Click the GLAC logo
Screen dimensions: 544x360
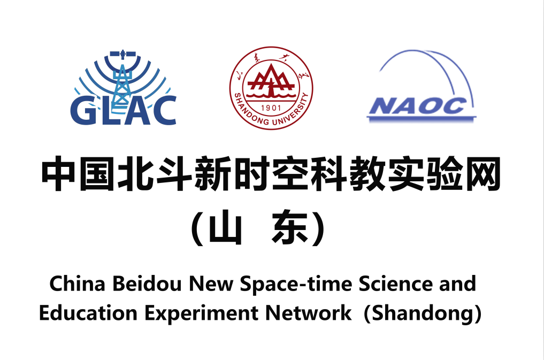point(124,88)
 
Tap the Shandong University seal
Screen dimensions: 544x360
point(271,88)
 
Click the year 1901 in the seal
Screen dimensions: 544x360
point(271,108)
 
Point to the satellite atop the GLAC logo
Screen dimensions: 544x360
point(122,54)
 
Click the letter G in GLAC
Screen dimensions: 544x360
point(82,111)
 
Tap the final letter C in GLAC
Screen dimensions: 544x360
point(164,111)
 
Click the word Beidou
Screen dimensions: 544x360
point(147,284)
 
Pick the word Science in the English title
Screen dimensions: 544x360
point(395,284)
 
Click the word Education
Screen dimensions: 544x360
point(88,313)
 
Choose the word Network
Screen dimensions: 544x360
point(308,313)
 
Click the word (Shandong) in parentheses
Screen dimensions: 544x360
point(423,313)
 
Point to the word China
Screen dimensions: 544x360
point(77,284)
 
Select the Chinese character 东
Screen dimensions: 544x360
point(290,227)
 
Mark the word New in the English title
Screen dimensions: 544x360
point(211,284)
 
